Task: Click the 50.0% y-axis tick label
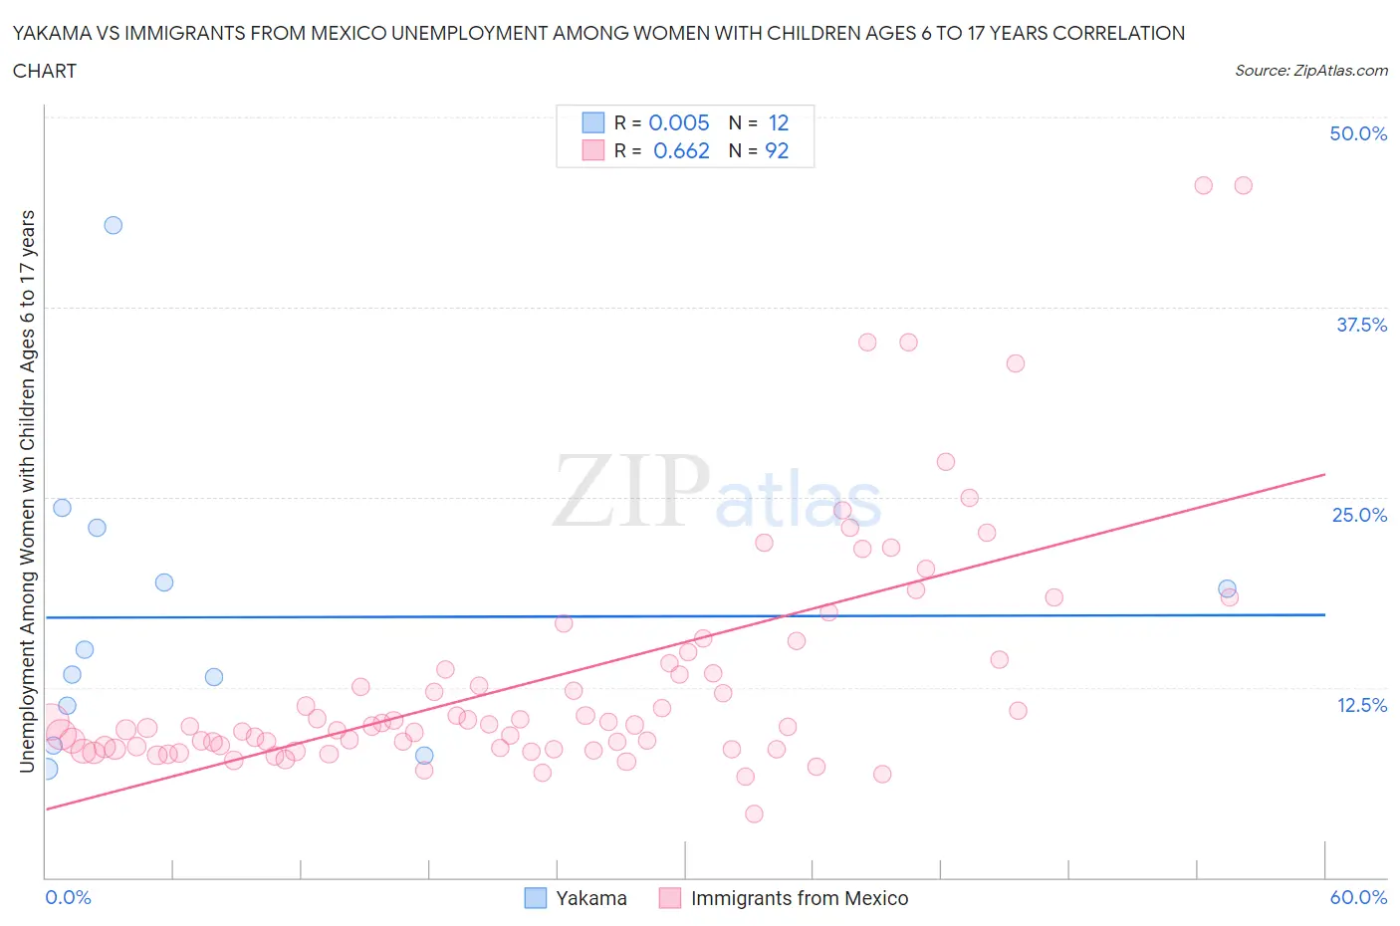pos(1358,133)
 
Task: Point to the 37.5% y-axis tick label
pos(1361,325)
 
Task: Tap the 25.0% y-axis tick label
pos(1359,515)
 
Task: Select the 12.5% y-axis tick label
pos(1361,705)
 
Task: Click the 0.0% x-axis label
pos(68,897)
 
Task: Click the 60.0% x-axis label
pos(1358,897)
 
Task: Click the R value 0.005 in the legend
pos(679,122)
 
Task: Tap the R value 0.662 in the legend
pos(681,150)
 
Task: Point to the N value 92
pos(777,150)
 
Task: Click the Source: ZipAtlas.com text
pos(1310,70)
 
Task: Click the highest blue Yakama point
pos(114,225)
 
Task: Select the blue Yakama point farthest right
pos(1227,588)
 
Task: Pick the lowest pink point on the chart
pos(754,813)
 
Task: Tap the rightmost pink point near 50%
pos(1243,185)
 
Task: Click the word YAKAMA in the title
pos(61,33)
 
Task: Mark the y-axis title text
pos(27,491)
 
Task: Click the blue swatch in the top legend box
pos(593,122)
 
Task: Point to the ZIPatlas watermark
pos(717,491)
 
